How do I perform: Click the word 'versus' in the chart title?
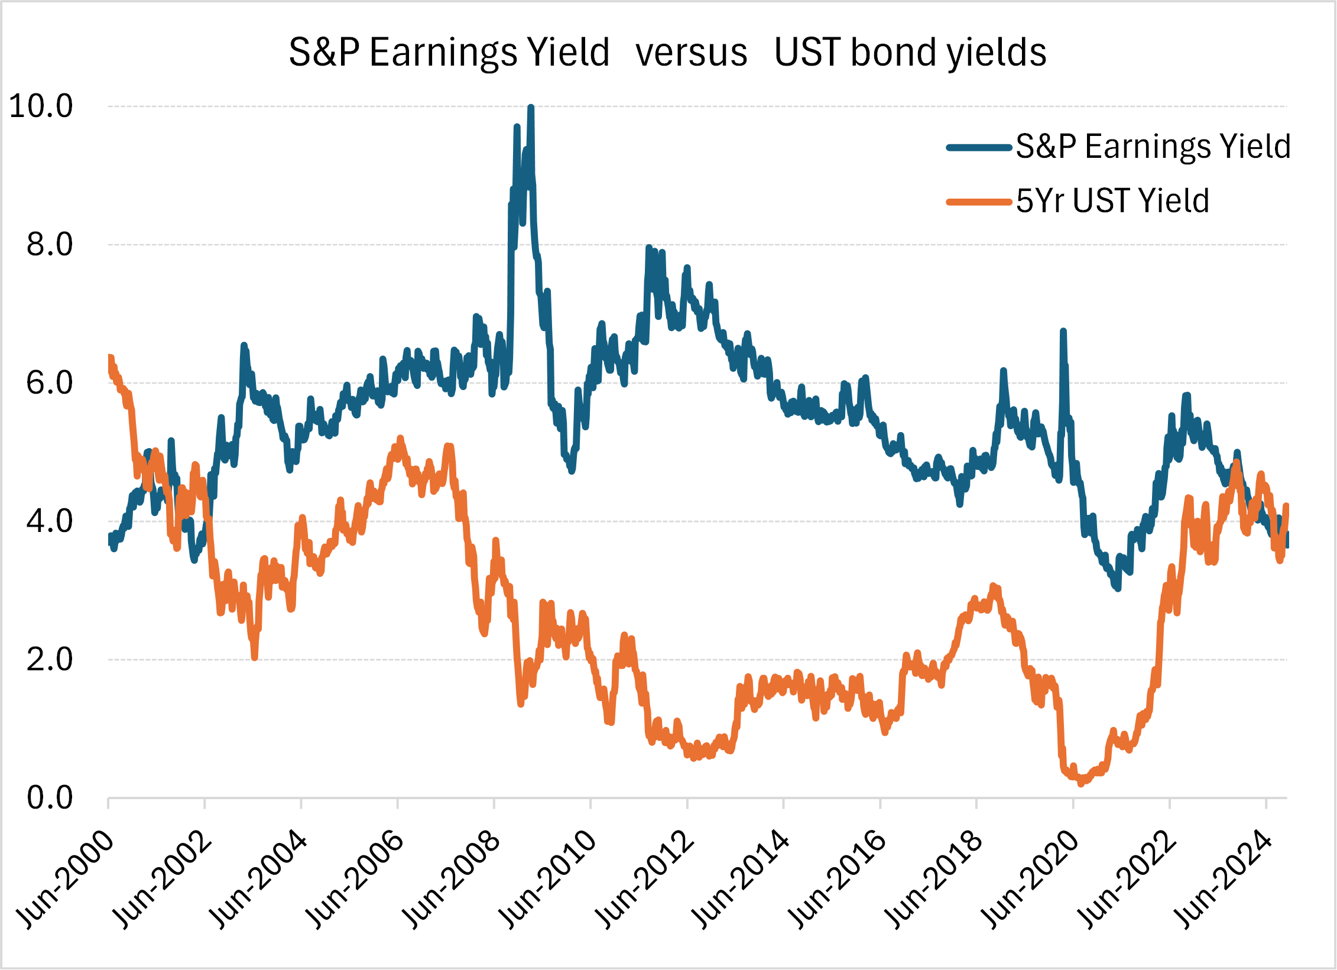pos(692,53)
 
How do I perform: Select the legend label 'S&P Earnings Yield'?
pos(1153,146)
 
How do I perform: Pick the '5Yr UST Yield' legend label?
pos(1112,201)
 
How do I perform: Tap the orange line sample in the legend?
pos(979,202)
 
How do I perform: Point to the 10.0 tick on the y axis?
pos(41,106)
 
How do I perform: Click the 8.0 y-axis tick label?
pos(50,244)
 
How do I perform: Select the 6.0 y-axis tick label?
pos(50,382)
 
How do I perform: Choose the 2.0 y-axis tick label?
pos(50,659)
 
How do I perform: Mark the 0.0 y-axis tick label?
pos(50,798)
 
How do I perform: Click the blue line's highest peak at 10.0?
pos(531,108)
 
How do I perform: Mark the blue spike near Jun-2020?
pos(1063,332)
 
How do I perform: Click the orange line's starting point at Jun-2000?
pos(110,358)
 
